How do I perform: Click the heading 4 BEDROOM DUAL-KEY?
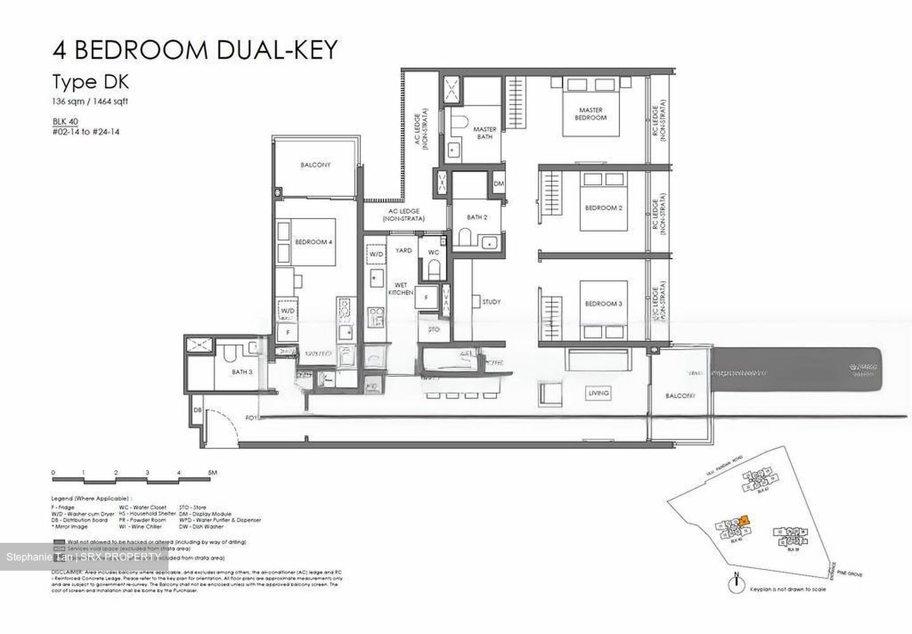tap(195, 50)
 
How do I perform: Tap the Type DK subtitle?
tap(91, 82)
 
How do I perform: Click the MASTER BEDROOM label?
tap(590, 114)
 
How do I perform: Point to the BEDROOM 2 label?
tap(604, 208)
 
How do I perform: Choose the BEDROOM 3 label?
tap(603, 304)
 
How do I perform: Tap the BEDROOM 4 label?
tap(314, 242)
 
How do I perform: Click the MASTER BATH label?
tap(484, 133)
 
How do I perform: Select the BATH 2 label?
tap(477, 217)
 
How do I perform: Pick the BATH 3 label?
tap(241, 372)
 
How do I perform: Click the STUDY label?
tap(491, 302)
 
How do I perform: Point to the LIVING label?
tap(598, 393)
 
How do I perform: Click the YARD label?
tap(403, 251)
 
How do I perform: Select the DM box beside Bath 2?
tap(499, 184)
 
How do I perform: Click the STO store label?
tap(434, 330)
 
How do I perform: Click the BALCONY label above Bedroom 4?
tap(315, 165)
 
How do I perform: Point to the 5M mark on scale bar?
tap(212, 472)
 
